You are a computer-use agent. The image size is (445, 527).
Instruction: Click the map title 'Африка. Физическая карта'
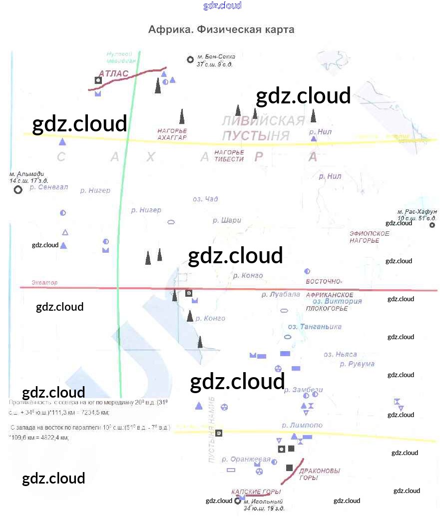click(221, 29)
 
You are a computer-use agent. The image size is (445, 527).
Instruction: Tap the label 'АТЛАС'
click(113, 74)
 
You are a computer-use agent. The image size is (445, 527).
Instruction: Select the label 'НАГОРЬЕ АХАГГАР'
click(172, 134)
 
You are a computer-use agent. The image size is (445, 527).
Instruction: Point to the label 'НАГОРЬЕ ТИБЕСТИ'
click(229, 155)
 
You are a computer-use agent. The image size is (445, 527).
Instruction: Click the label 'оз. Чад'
click(205, 199)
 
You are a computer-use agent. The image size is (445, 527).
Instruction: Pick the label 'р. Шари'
click(227, 220)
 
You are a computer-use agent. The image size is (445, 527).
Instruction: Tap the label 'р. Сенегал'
click(48, 187)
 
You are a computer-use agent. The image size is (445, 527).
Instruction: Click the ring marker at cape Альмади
click(18, 190)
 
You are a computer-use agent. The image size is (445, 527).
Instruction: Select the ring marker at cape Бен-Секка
click(190, 59)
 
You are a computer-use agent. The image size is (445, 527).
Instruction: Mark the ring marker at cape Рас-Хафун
click(432, 225)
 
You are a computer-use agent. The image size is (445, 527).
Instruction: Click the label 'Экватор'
click(44, 283)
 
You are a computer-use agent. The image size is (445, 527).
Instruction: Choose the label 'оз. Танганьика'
click(315, 326)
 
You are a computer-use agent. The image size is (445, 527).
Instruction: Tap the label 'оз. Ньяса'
click(340, 354)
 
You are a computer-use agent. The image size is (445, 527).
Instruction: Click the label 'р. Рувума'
click(357, 364)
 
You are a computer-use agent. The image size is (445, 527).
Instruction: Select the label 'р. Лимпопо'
click(302, 425)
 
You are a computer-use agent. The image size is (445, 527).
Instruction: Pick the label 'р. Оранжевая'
click(246, 459)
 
